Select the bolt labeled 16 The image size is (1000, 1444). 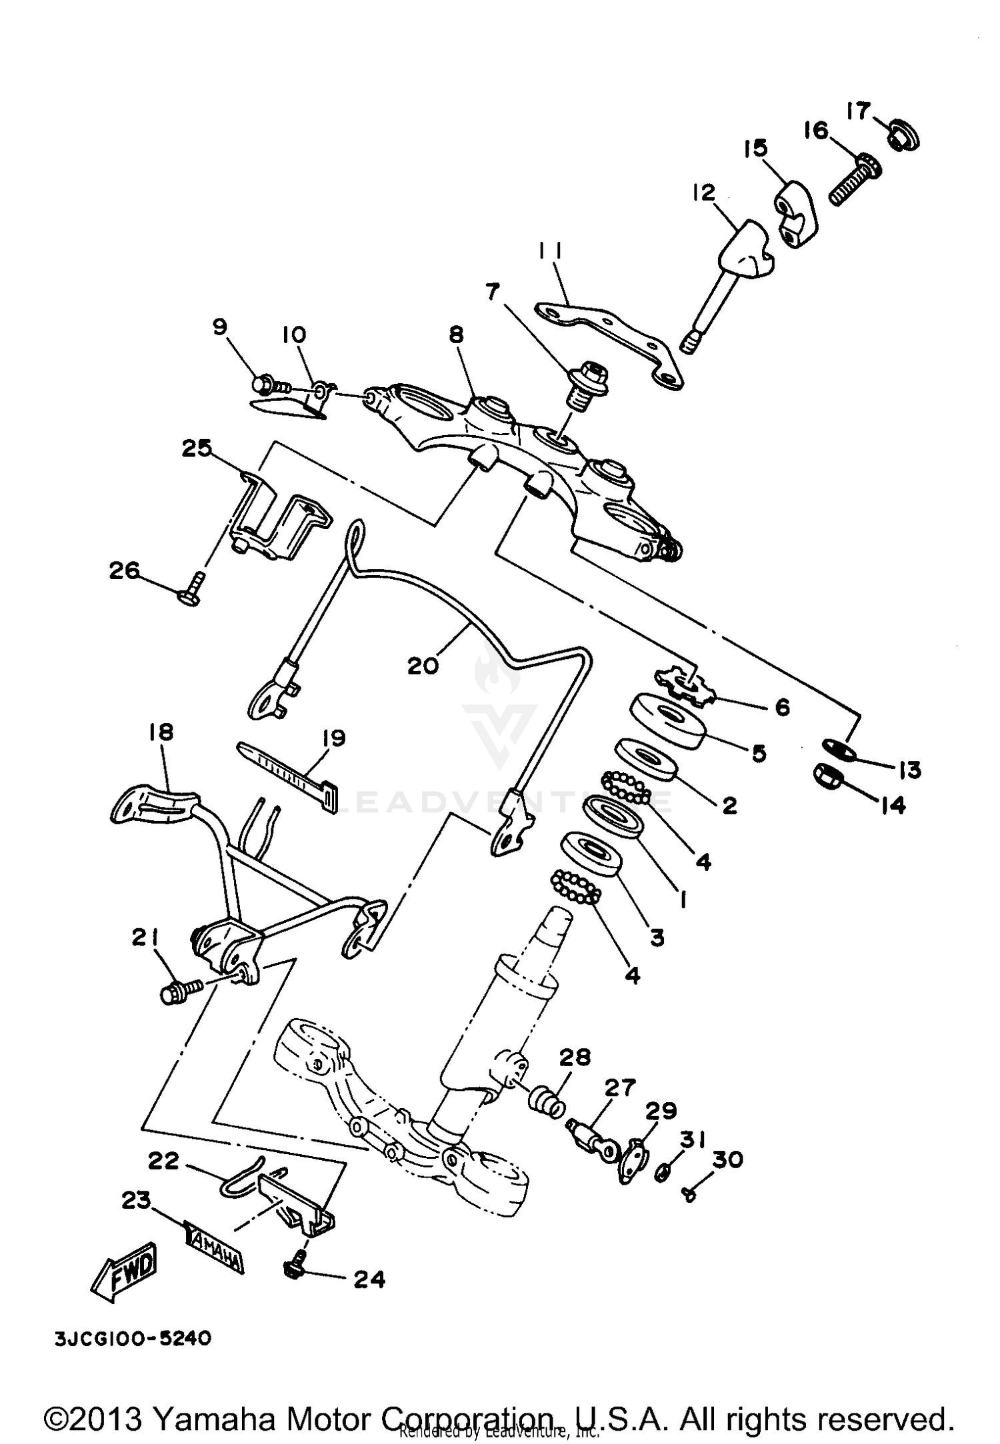tap(855, 178)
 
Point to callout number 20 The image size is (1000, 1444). tap(423, 665)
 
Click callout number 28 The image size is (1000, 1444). tap(575, 1058)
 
